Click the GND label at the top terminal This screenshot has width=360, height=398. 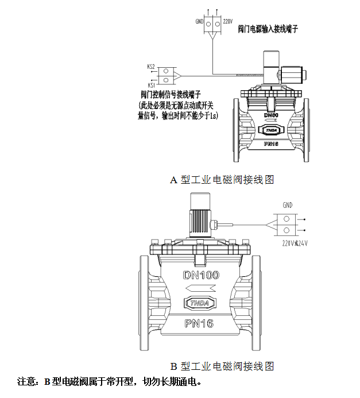(x=199, y=22)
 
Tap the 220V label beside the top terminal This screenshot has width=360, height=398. (x=227, y=22)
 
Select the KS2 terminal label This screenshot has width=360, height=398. (x=152, y=67)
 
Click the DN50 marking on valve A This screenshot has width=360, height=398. (x=270, y=115)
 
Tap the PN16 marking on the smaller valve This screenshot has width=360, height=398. (x=271, y=144)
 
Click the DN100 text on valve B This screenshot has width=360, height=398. (x=201, y=275)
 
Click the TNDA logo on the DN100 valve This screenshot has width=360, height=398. (x=199, y=303)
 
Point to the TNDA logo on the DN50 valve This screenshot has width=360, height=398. (x=270, y=131)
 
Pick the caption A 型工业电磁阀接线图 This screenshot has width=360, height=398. (x=222, y=180)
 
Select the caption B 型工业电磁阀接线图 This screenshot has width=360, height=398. (x=222, y=366)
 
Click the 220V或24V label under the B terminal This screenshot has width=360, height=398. (x=295, y=243)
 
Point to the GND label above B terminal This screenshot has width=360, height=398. (x=287, y=205)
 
